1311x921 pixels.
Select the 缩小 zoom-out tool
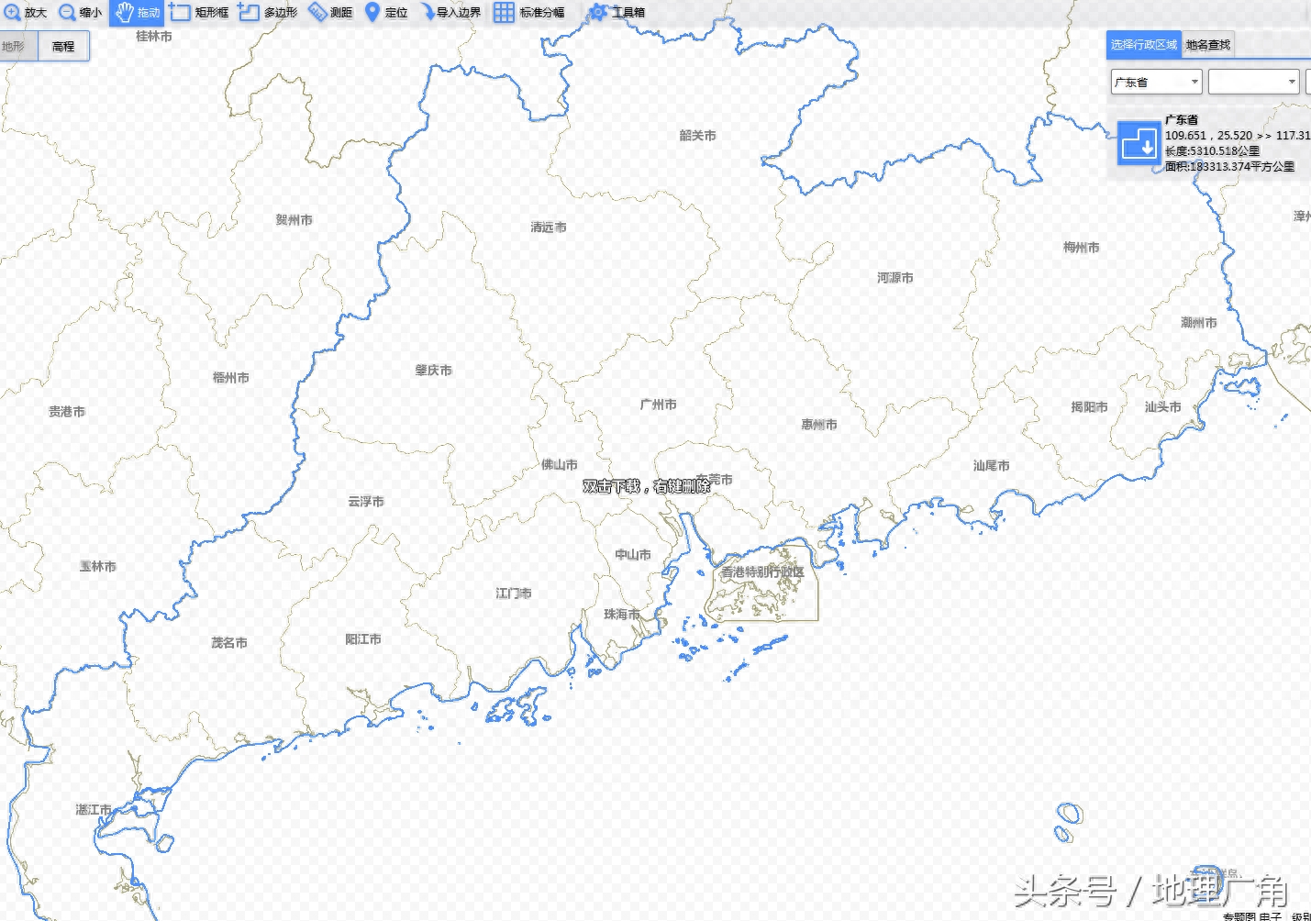coord(80,13)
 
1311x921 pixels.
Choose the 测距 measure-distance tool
coord(331,13)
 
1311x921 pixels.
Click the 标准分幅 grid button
coord(529,13)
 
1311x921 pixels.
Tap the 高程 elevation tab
coord(63,47)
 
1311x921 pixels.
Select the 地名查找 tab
coord(1207,45)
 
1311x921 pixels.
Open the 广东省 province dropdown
coord(1156,83)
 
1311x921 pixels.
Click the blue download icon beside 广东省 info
coord(1139,144)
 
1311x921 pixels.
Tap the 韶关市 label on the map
coord(697,136)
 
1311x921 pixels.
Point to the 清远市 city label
coord(548,227)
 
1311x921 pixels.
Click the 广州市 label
coord(658,405)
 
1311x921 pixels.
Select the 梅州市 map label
coord(1081,248)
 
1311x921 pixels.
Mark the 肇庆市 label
coord(433,371)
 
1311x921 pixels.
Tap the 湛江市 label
coord(94,810)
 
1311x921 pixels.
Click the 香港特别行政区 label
coord(761,572)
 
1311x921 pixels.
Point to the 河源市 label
coord(894,278)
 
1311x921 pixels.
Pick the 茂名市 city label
coord(228,643)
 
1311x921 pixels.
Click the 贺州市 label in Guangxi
coord(294,220)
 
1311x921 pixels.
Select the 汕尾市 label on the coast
coord(991,466)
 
